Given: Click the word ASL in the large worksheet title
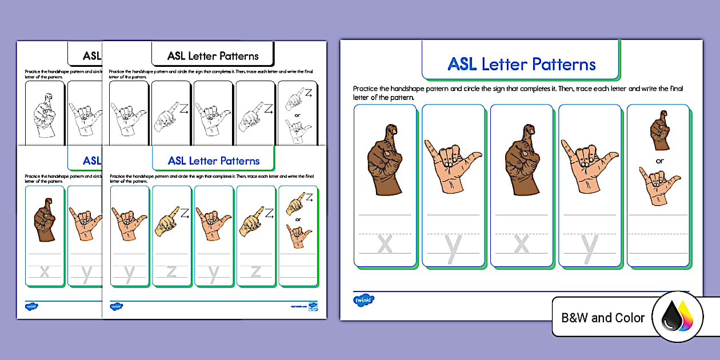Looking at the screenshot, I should tap(462, 64).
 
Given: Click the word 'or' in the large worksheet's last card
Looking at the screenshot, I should tap(659, 161).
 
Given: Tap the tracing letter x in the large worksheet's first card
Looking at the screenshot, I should tap(385, 244).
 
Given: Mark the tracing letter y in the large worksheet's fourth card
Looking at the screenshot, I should tap(589, 246).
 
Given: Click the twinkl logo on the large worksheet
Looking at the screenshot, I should tap(363, 300).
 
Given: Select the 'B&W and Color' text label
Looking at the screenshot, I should tap(603, 318).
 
